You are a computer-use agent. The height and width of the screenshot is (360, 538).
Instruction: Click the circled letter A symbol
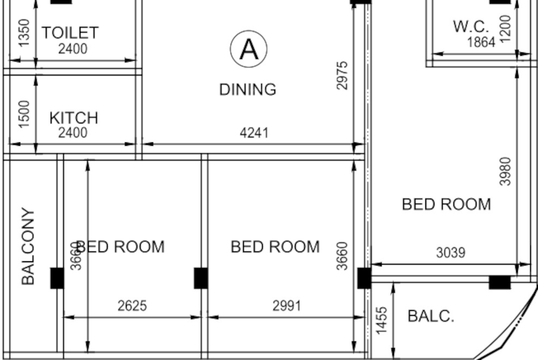(x=249, y=49)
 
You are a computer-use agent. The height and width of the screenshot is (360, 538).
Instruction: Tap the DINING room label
(x=247, y=89)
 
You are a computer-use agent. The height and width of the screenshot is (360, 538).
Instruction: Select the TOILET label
(x=70, y=33)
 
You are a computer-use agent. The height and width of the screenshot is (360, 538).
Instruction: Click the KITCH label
(x=74, y=118)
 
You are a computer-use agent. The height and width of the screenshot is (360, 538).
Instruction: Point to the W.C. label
(x=471, y=26)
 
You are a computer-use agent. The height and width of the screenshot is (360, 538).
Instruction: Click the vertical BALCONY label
(x=28, y=246)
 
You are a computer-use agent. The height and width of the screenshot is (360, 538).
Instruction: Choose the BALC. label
(x=431, y=316)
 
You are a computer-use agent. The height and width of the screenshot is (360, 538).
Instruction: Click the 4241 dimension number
(x=254, y=133)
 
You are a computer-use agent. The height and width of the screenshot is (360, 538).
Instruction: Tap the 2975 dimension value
(x=342, y=75)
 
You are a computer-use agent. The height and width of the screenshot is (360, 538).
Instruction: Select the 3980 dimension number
(x=506, y=171)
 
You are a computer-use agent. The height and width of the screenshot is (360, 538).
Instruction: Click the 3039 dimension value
(x=451, y=253)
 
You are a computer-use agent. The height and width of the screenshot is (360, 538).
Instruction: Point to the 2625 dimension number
(x=132, y=305)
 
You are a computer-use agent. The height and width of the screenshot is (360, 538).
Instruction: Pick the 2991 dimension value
(x=287, y=305)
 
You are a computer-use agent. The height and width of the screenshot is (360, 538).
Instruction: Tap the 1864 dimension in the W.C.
(x=481, y=42)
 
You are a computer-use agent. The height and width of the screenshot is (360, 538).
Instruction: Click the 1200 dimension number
(x=506, y=29)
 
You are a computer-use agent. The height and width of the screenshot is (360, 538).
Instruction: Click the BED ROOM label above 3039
(x=446, y=205)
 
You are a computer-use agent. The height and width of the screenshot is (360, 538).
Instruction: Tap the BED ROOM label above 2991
(x=275, y=247)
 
